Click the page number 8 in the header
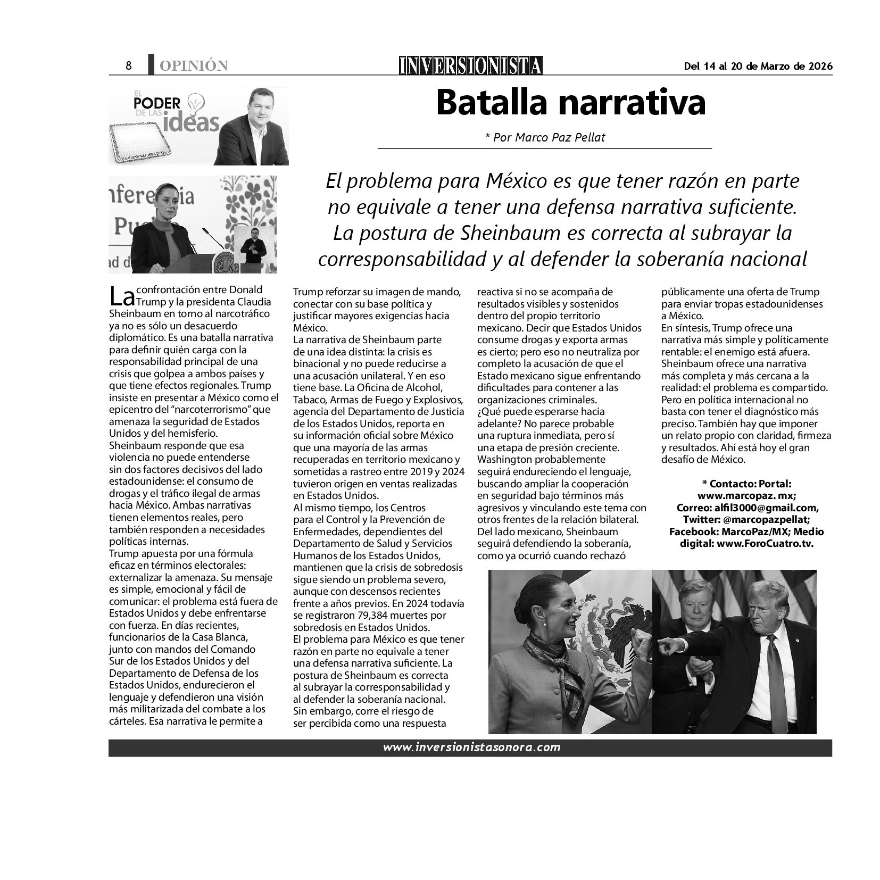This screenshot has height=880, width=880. pyautogui.click(x=128, y=65)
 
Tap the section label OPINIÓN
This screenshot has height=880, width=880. pyautogui.click(x=194, y=66)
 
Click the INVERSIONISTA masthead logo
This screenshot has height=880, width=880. pyautogui.click(x=471, y=65)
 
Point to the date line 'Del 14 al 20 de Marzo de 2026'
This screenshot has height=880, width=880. pyautogui.click(x=758, y=66)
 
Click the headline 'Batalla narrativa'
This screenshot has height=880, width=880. pyautogui.click(x=570, y=103)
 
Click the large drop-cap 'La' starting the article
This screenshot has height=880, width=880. pyautogui.click(x=122, y=296)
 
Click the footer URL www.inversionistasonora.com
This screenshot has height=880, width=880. pyautogui.click(x=471, y=748)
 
